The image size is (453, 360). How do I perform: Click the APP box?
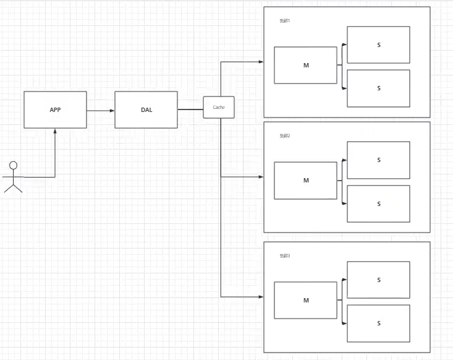click(x=55, y=109)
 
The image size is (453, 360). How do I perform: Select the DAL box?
click(x=146, y=109)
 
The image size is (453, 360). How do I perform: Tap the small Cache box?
click(x=219, y=107)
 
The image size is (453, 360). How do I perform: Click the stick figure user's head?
click(x=13, y=165)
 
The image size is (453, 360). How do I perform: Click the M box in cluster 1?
click(x=306, y=65)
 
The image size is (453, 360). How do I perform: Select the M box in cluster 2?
click(x=306, y=181)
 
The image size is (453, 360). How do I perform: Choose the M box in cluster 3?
click(x=306, y=300)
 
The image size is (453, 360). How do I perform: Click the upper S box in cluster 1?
click(x=378, y=45)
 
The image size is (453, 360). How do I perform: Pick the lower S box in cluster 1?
click(x=378, y=88)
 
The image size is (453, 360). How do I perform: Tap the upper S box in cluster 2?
click(x=378, y=160)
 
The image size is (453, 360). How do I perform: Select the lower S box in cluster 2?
click(x=378, y=204)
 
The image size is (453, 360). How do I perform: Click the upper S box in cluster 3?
click(x=378, y=280)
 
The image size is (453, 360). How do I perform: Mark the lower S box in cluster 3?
click(x=378, y=323)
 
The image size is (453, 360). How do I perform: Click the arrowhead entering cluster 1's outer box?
click(x=260, y=61)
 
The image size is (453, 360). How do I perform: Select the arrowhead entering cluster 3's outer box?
click(x=260, y=297)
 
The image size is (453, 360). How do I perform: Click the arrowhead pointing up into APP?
click(x=56, y=131)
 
